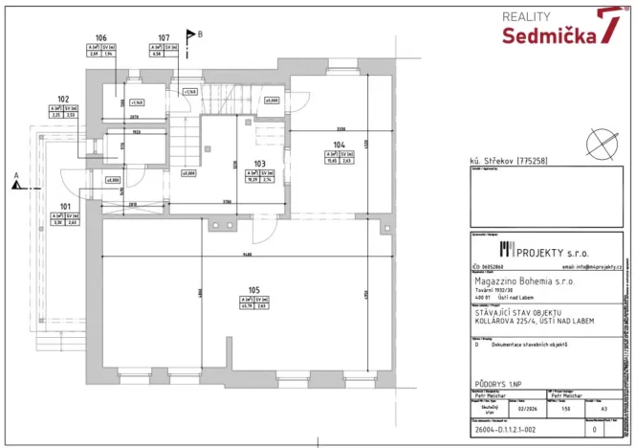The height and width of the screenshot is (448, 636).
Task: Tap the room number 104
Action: pos(338,145)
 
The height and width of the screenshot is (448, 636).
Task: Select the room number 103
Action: pos(258,164)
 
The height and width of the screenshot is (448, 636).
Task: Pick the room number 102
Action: pos(63,100)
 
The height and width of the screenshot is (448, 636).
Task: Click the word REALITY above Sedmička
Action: pos(526,16)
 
